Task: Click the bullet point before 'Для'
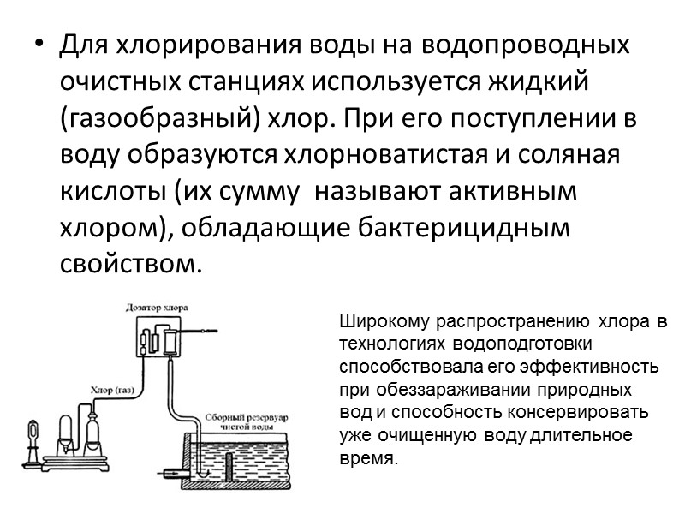pos(35,45)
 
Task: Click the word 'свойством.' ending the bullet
pos(131,266)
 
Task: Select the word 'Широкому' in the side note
pos(386,324)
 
